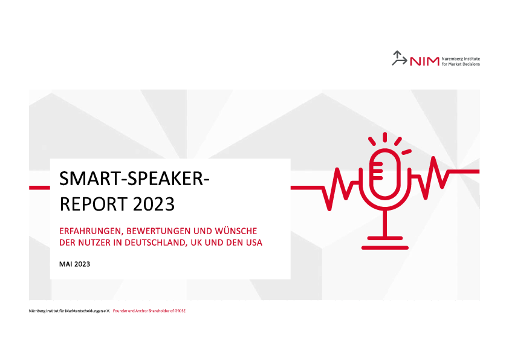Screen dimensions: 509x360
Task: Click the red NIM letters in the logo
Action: coord(424,61)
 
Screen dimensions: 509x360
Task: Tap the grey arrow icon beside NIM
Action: coord(399,58)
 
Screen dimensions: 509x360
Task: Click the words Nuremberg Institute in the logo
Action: coord(461,59)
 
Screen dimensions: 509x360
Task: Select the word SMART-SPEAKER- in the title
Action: coord(134,178)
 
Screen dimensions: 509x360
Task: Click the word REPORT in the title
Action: coord(94,204)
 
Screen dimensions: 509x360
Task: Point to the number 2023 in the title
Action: coord(154,204)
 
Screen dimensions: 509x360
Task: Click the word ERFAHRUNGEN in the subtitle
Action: coord(90,231)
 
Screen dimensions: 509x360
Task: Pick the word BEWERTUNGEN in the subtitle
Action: coord(158,231)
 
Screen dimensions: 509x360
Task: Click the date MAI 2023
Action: coord(75,264)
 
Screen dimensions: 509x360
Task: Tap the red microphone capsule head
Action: coord(385,174)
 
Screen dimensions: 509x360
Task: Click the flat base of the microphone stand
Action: coord(385,247)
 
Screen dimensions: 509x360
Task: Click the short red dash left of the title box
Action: coord(40,188)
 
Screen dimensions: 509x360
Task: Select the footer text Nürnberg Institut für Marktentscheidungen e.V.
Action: coord(70,311)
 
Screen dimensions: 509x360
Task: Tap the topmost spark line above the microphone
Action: coord(385,137)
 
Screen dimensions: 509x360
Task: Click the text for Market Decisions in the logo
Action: coord(461,64)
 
